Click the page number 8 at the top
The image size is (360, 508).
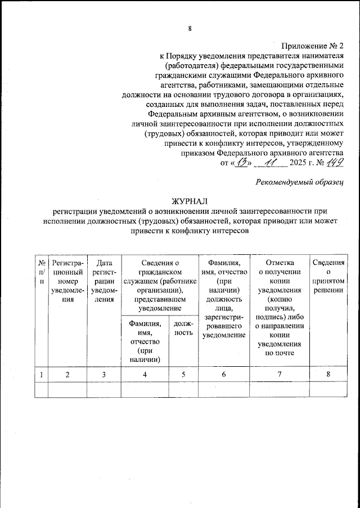pos(190,29)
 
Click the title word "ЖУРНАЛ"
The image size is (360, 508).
pos(190,201)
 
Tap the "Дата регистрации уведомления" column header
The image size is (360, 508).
pos(104,281)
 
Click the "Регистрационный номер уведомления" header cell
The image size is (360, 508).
pos(68,281)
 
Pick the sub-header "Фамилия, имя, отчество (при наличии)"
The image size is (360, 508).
pos(145,341)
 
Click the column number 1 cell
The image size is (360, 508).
pos(42,374)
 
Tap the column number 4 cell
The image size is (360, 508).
pos(145,374)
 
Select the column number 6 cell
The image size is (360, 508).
pos(223,374)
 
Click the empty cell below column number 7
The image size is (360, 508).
pos(280,389)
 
